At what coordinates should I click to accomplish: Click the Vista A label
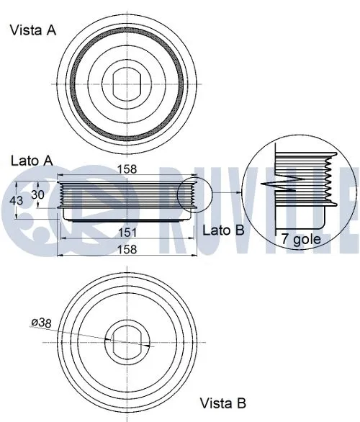(x=32, y=30)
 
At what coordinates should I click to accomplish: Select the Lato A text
(x=31, y=160)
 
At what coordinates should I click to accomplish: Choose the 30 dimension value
(x=36, y=194)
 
